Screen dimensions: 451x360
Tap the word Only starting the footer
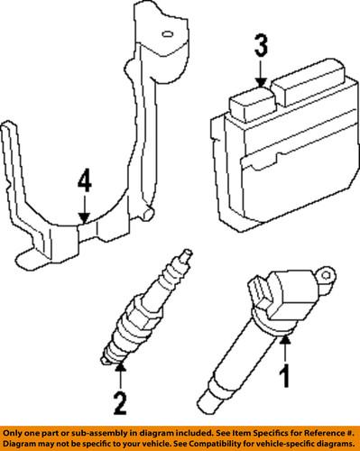pos(14,434)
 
